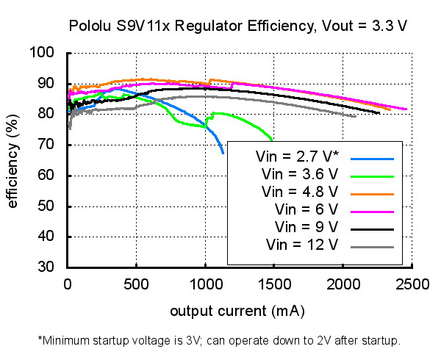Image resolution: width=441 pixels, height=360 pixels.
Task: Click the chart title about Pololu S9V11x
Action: [x=238, y=26]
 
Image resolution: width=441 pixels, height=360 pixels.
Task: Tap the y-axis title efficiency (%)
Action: [x=12, y=161]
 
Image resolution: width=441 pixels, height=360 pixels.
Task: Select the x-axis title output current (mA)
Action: [x=237, y=311]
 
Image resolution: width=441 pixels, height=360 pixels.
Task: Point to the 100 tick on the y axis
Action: [x=42, y=52]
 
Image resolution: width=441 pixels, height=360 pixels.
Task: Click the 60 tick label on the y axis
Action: [x=46, y=176]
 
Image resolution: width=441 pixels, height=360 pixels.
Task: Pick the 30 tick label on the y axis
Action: [x=46, y=267]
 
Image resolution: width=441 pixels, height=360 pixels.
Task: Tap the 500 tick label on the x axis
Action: [x=136, y=284]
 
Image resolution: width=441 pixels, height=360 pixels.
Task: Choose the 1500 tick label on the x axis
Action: [x=274, y=284]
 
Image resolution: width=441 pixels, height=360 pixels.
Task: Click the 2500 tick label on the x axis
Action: [x=412, y=284]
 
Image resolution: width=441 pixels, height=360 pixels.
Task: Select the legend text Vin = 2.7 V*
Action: [x=298, y=156]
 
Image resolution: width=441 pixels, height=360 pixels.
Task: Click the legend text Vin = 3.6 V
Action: [x=300, y=174]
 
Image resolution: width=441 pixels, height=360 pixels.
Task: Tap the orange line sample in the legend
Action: [x=372, y=194]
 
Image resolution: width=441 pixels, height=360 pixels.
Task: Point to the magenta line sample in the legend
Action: [x=372, y=212]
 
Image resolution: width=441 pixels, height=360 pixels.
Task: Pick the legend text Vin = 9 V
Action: [x=306, y=227]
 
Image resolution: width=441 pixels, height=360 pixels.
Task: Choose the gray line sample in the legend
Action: [x=372, y=248]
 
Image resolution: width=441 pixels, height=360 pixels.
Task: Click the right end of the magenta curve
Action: [x=406, y=109]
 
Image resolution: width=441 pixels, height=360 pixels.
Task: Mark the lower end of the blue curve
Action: [x=223, y=153]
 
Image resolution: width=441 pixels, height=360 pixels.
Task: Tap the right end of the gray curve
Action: [x=356, y=116]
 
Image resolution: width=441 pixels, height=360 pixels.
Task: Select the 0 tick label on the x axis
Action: [x=68, y=284]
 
